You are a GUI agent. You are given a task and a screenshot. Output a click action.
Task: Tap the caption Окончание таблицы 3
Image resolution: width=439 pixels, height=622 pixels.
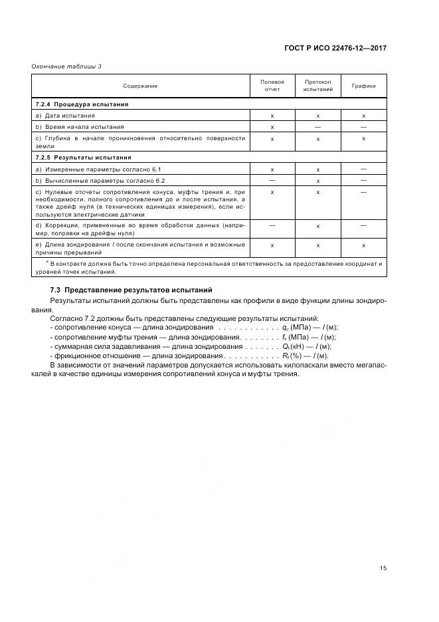pyautogui.click(x=66, y=66)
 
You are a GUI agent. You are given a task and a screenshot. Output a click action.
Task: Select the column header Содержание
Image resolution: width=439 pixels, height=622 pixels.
pyautogui.click(x=140, y=86)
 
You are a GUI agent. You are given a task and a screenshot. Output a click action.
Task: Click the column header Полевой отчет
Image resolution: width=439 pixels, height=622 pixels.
pyautogui.click(x=272, y=85)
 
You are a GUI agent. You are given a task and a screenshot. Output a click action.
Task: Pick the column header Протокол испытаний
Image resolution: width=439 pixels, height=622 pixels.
pyautogui.click(x=317, y=85)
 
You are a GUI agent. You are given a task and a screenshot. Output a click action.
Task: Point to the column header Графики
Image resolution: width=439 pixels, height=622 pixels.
pyautogui.click(x=363, y=86)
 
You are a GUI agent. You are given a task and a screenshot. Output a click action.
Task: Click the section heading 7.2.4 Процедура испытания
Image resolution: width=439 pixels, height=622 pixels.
pyautogui.click(x=82, y=104)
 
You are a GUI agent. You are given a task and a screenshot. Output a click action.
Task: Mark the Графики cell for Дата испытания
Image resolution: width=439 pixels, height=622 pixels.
pyautogui.click(x=363, y=116)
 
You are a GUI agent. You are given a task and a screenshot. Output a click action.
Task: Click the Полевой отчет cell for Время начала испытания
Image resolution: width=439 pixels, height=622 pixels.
pyautogui.click(x=272, y=126)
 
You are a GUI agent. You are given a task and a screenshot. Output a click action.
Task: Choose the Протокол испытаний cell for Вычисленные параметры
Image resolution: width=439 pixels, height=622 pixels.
pyautogui.click(x=317, y=180)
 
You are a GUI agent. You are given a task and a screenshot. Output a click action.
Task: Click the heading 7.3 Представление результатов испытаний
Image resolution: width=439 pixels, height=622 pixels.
pyautogui.click(x=131, y=290)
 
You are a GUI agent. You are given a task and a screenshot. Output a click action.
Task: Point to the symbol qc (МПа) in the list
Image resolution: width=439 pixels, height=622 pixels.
pyautogui.click(x=298, y=328)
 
